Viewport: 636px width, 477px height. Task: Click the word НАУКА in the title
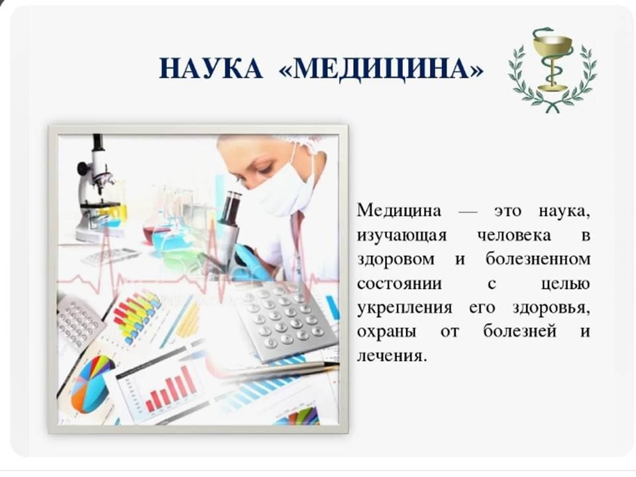pyautogui.click(x=211, y=68)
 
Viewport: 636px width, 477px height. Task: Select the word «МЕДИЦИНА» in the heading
pyautogui.click(x=382, y=68)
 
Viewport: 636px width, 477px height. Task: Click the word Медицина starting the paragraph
pyautogui.click(x=399, y=211)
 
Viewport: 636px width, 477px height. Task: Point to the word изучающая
pyautogui.click(x=401, y=236)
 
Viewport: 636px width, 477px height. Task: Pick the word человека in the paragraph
pyautogui.click(x=514, y=235)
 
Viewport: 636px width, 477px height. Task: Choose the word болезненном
pyautogui.click(x=538, y=259)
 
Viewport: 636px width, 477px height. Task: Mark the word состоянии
pyautogui.click(x=399, y=283)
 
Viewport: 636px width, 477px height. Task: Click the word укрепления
pyautogui.click(x=404, y=308)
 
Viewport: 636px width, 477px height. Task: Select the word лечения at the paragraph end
pyautogui.click(x=392, y=356)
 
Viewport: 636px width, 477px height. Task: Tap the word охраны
pyautogui.click(x=386, y=333)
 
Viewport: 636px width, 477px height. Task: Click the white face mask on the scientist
pyautogui.click(x=280, y=190)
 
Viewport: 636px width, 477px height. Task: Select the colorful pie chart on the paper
pyautogui.click(x=91, y=384)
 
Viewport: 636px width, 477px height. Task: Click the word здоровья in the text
pyautogui.click(x=551, y=308)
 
